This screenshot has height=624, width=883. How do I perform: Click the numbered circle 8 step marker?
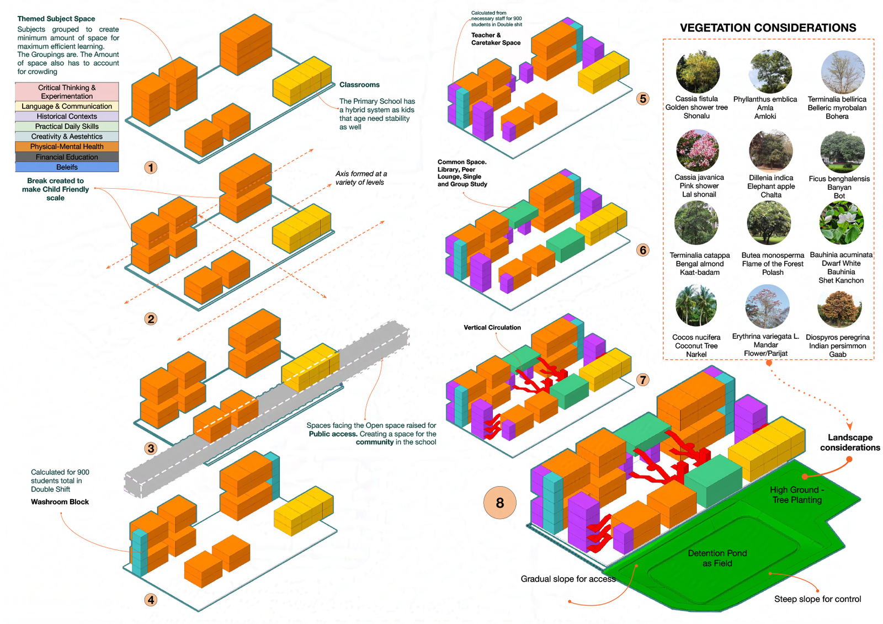[x=499, y=503]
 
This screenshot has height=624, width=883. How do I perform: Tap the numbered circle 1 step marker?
[x=151, y=168]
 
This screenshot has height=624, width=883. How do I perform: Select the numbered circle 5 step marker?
[x=643, y=99]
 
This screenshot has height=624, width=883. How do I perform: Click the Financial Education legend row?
[x=67, y=157]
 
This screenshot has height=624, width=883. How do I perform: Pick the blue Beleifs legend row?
[x=67, y=167]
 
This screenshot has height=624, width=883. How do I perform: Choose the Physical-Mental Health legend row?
[x=67, y=147]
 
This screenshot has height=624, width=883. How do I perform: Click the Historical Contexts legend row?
[x=67, y=116]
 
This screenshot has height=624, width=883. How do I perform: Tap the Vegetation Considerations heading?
[x=768, y=28]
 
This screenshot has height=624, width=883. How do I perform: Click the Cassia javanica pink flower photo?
[x=698, y=151]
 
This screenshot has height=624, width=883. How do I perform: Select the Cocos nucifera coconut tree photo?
[x=696, y=306]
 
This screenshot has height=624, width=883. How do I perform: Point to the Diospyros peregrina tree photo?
[x=839, y=308]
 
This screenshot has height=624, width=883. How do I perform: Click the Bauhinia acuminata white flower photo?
[x=842, y=223]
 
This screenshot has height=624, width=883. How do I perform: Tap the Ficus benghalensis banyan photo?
[x=842, y=152]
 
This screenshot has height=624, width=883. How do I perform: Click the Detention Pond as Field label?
[x=717, y=558]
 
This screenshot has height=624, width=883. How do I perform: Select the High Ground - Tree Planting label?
[x=797, y=495]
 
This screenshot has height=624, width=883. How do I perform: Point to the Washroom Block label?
[x=60, y=502]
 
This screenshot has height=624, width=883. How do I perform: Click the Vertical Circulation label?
[x=492, y=328]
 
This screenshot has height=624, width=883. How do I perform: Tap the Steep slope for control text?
[x=817, y=599]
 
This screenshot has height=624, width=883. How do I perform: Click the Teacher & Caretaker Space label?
[x=496, y=39]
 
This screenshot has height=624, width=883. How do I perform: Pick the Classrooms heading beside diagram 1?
[x=359, y=85]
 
